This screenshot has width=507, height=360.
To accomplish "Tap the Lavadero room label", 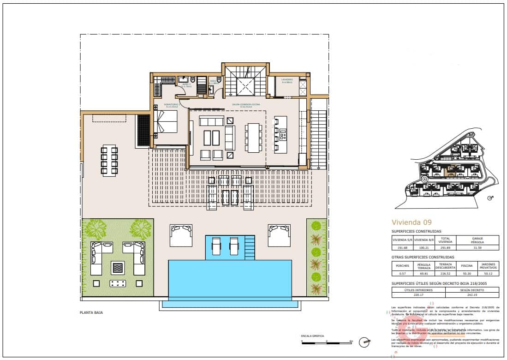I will (x=287, y=80).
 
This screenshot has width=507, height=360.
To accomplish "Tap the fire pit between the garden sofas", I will (x=117, y=266).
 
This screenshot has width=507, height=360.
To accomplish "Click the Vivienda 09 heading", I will (x=412, y=222).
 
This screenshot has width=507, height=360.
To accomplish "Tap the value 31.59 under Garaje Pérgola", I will (x=477, y=247).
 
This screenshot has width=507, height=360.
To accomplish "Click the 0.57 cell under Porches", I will (x=400, y=274).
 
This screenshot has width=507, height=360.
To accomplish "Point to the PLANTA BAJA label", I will (x=91, y=312).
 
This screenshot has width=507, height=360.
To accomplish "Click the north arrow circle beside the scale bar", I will (x=365, y=342).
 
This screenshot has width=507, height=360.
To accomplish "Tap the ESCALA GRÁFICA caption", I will (x=312, y=336).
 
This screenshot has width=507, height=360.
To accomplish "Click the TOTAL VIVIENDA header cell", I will (x=445, y=240).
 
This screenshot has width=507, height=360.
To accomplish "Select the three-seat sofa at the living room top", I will (x=210, y=121).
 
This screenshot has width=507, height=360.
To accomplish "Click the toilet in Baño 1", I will (x=193, y=79).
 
